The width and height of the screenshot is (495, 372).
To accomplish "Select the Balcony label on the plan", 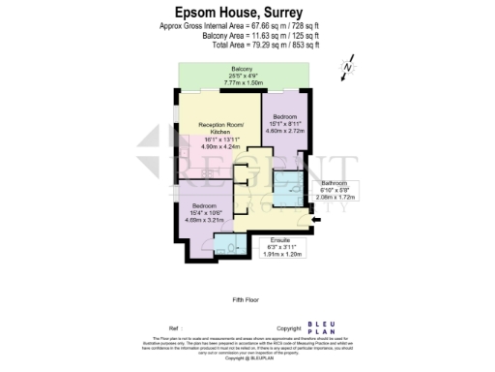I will (x=242, y=70).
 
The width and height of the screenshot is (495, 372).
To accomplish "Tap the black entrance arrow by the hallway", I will (x=317, y=220).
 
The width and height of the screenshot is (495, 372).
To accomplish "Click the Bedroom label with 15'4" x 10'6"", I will (x=203, y=206).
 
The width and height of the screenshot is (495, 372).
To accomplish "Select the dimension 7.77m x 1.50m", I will (x=242, y=84).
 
